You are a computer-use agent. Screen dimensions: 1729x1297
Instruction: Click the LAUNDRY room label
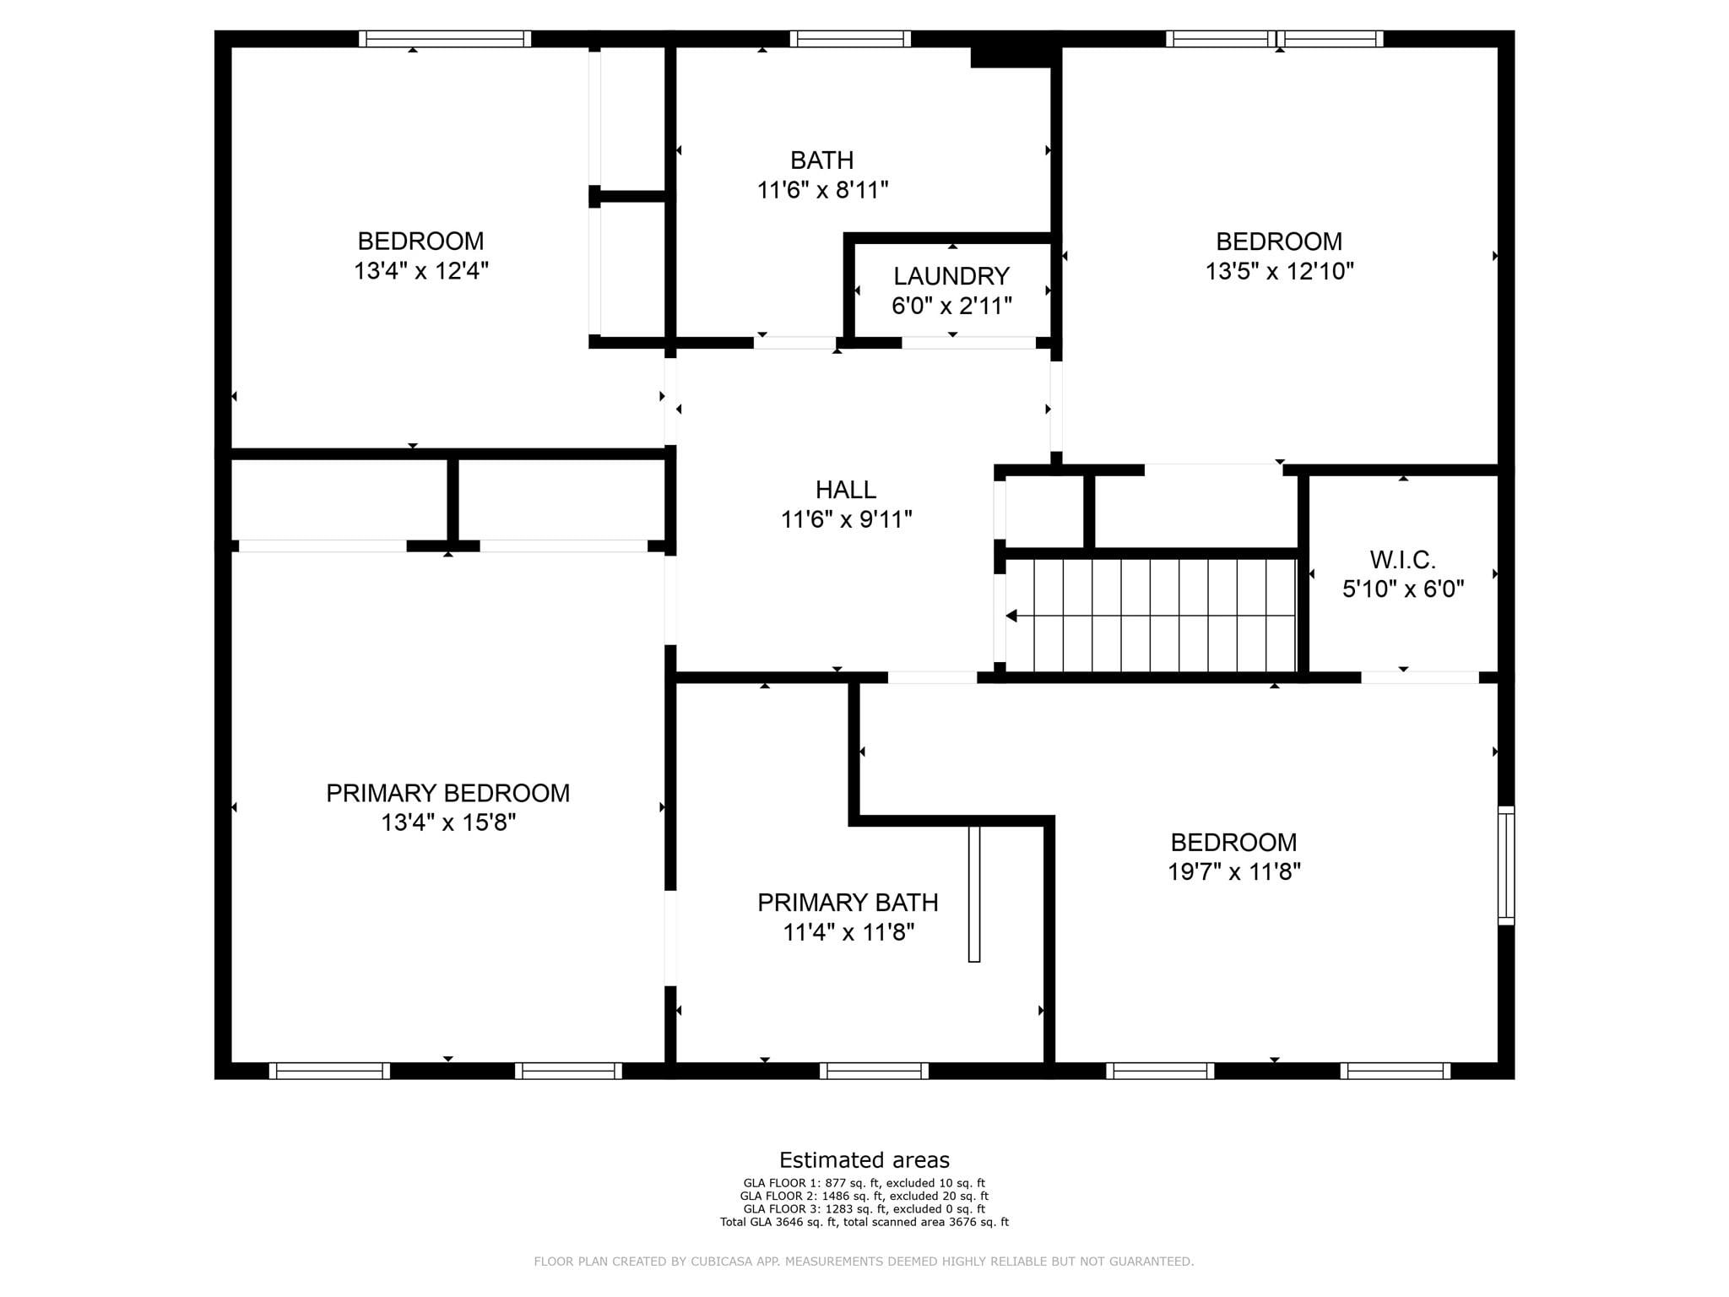pos(951,276)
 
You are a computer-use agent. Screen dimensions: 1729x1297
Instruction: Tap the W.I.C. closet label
pos(1402,560)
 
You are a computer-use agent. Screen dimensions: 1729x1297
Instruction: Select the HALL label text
pos(846,490)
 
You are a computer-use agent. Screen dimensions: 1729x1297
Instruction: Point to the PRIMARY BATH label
pos(848,903)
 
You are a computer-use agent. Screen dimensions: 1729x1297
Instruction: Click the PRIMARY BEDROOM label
pos(448,794)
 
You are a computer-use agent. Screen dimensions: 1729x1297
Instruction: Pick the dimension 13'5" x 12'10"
pos(1280,271)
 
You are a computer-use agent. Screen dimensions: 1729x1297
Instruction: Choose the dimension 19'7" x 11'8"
pos(1234,871)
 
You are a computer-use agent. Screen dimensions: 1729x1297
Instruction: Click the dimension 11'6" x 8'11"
pos(823,190)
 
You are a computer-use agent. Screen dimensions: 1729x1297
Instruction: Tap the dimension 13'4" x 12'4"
pos(421,271)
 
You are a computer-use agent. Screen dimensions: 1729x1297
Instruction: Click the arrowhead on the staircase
pos(1011,616)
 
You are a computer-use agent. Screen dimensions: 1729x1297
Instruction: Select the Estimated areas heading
pos(864,1160)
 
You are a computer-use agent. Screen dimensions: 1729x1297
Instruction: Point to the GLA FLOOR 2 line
pos(864,1196)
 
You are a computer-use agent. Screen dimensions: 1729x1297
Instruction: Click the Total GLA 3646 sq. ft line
pos(864,1222)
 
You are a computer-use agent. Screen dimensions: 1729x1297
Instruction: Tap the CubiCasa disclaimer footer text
pos(864,1262)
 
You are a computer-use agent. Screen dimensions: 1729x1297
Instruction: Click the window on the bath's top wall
pos(850,39)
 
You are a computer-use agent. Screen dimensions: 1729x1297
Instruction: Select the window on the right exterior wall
pos(1506,866)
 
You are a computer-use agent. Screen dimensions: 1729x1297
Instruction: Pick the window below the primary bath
pos(874,1071)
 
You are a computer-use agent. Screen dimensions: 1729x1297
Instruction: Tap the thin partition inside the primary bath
pos(974,894)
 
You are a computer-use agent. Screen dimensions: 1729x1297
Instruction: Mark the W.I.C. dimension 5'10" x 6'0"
pos(1403,589)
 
